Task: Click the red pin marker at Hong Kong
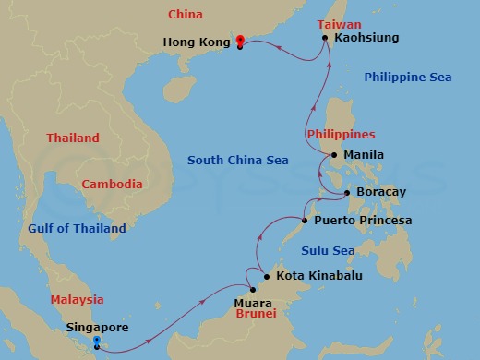240,41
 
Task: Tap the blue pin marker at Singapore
98,342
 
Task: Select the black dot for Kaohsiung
326,38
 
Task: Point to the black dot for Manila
334,155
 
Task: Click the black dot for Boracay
346,193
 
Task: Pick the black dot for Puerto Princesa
306,222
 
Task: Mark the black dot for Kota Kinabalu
267,276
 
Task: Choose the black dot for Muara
253,290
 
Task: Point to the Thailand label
73,138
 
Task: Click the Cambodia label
112,185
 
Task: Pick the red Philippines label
342,135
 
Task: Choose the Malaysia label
78,300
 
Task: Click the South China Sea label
238,161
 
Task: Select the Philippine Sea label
407,77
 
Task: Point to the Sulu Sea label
329,250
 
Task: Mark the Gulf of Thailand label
77,229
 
